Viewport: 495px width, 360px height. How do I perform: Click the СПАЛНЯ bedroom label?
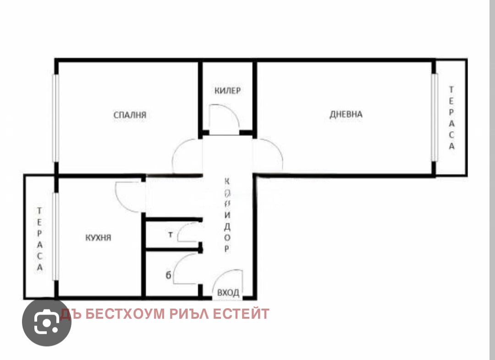click(130, 115)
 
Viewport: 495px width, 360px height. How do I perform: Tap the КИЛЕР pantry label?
click(227, 90)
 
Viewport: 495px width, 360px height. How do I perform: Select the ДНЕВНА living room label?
click(346, 114)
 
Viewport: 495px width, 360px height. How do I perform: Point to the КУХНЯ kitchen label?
click(98, 238)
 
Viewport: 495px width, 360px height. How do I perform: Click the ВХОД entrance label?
click(228, 293)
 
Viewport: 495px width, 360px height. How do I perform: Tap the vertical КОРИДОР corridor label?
click(227, 215)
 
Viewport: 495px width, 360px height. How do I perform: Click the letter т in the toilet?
click(170, 235)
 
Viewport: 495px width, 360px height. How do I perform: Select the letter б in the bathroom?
click(169, 275)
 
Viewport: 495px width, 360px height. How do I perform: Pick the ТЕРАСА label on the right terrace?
click(451, 118)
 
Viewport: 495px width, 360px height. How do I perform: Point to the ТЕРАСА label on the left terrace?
click(40, 239)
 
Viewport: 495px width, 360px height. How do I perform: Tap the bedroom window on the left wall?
click(55, 118)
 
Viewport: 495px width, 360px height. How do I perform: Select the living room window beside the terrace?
click(433, 117)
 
